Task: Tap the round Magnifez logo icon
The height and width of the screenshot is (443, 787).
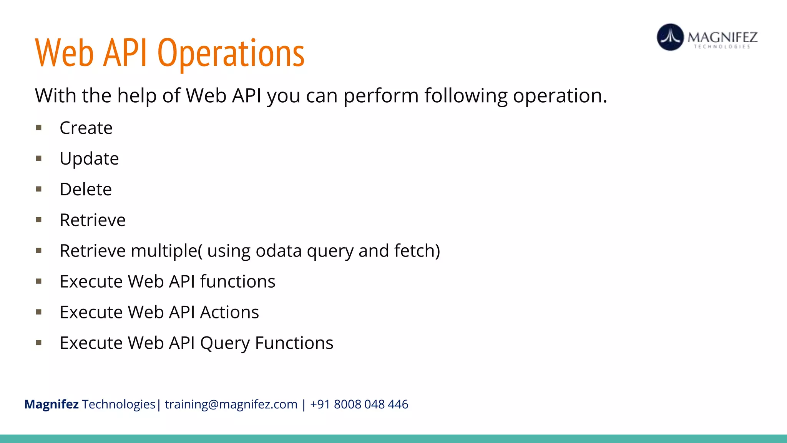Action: click(x=670, y=37)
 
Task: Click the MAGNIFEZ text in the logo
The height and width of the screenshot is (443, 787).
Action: click(x=722, y=37)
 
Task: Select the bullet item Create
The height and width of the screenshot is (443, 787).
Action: click(x=86, y=128)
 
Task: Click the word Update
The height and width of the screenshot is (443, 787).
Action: click(x=89, y=159)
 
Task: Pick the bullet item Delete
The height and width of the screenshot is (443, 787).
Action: click(x=86, y=190)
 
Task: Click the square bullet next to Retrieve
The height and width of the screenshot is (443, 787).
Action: click(x=39, y=220)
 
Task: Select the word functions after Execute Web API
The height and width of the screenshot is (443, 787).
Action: click(x=237, y=281)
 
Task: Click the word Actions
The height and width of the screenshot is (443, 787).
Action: click(x=229, y=312)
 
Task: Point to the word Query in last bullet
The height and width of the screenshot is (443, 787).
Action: click(x=225, y=343)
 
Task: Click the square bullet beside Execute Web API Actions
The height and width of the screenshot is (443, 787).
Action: click(x=39, y=312)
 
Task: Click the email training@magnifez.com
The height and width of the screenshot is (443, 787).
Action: click(x=231, y=405)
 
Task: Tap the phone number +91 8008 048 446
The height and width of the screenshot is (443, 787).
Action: click(x=359, y=405)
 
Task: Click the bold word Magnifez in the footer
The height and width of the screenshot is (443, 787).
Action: click(x=51, y=405)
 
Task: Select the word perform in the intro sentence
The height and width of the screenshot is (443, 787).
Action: click(x=381, y=96)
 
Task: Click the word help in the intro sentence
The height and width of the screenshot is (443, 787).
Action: click(x=136, y=96)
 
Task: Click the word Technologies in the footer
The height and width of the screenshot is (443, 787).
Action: click(x=118, y=405)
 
